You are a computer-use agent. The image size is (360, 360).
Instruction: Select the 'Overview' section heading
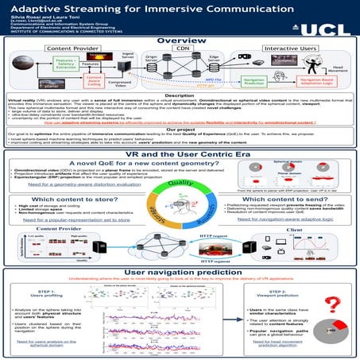179,41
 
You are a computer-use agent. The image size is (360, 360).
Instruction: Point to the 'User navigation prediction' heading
180,272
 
